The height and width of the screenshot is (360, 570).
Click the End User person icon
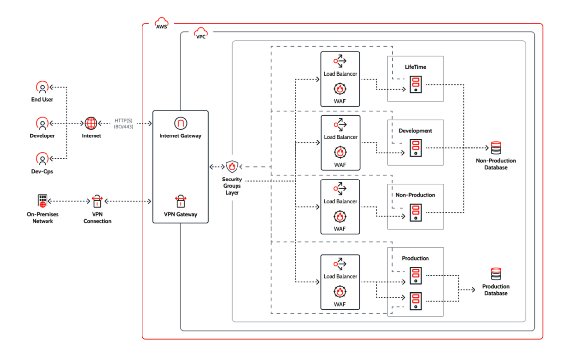(x=43, y=88)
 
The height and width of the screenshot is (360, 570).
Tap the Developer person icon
(x=43, y=123)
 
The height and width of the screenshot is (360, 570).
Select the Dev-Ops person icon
(x=43, y=159)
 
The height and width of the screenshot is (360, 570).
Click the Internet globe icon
(x=91, y=123)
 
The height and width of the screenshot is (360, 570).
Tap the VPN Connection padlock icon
(x=97, y=201)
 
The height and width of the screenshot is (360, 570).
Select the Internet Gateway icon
(x=180, y=123)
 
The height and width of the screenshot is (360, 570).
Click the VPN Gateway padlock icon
(x=180, y=201)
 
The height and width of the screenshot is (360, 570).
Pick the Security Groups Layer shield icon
(x=232, y=167)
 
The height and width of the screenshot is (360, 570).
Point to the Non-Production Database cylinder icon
(x=495, y=148)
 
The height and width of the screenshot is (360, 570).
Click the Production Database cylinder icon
(x=495, y=274)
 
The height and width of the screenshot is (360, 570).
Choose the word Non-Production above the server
(x=416, y=195)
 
